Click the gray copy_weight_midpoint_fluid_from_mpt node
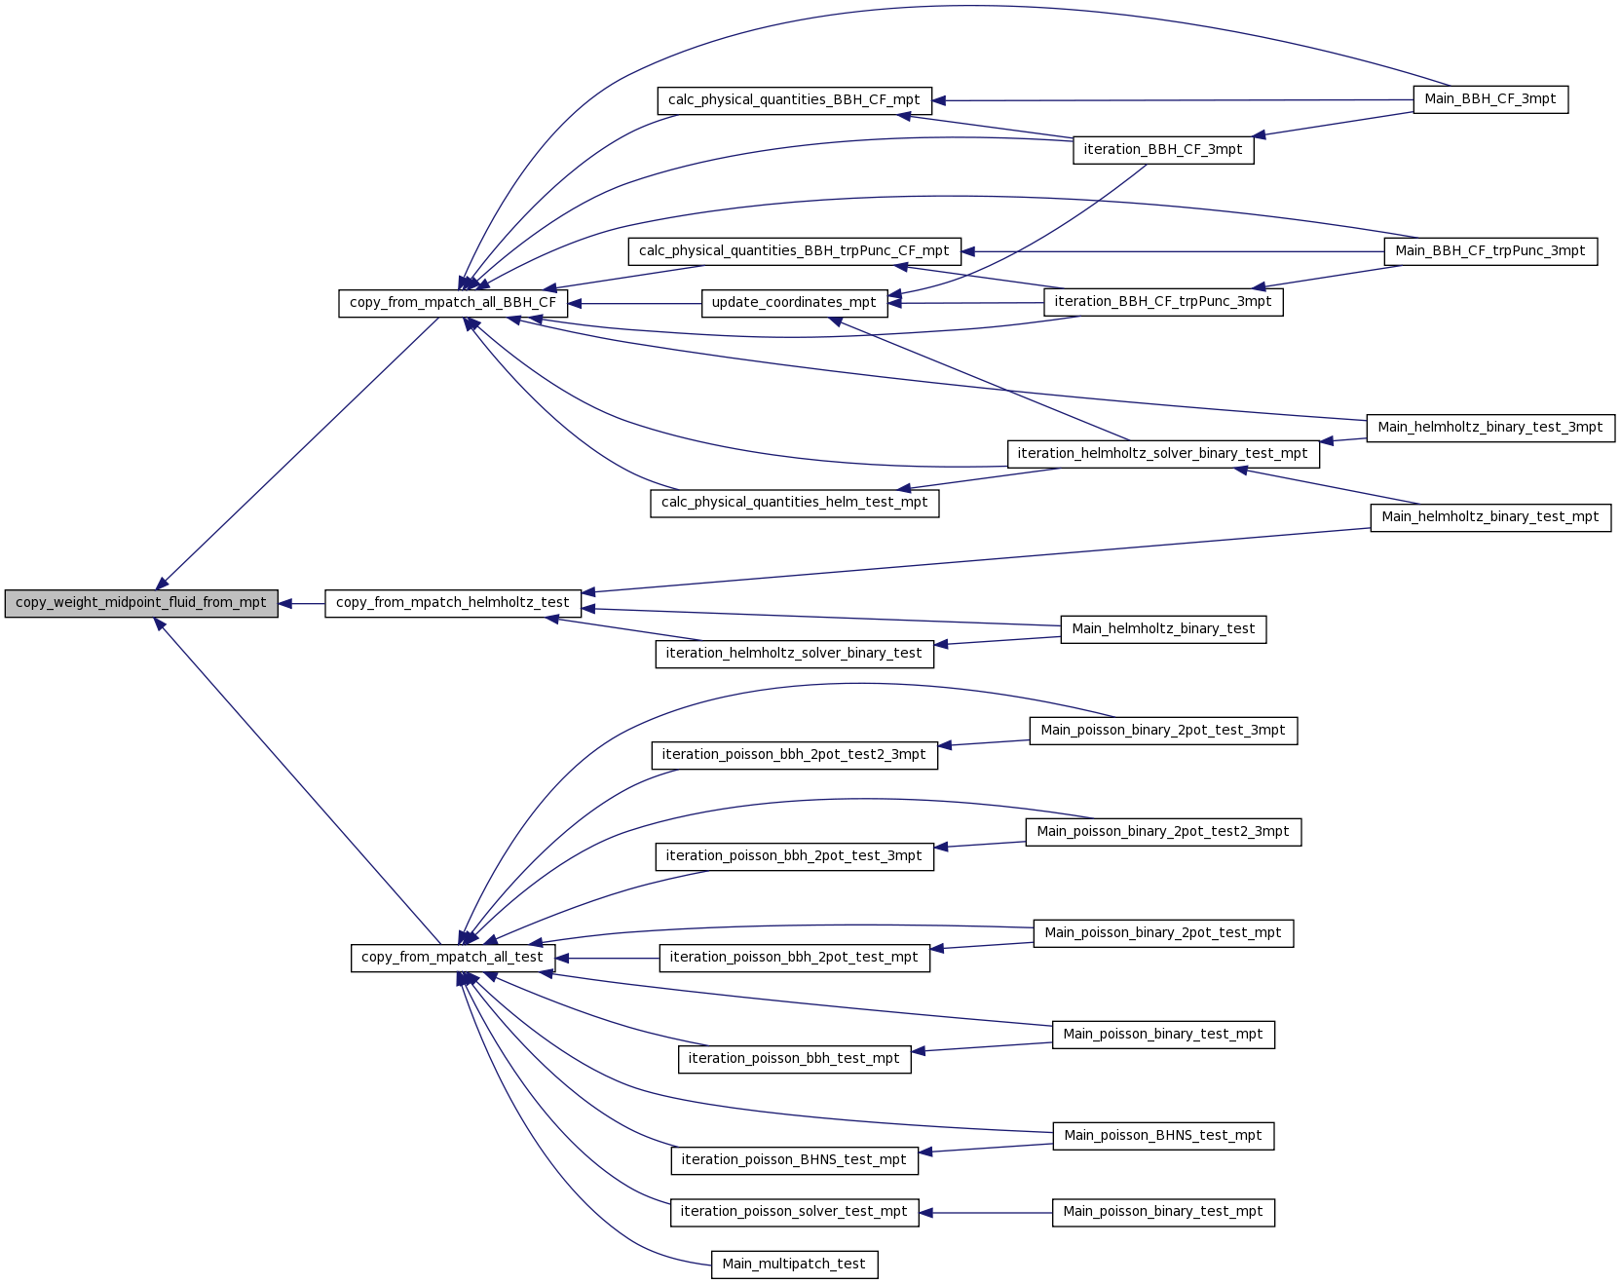pyautogui.click(x=141, y=603)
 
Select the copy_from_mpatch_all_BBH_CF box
pyautogui.click(x=453, y=303)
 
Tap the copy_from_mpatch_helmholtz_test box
pyautogui.click(x=453, y=603)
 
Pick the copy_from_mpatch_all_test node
pyautogui.click(x=453, y=958)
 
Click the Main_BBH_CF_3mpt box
pyautogui.click(x=1490, y=99)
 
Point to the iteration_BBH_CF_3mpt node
pyautogui.click(x=1163, y=150)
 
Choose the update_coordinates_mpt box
pyautogui.click(x=794, y=303)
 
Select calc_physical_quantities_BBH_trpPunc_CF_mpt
pyautogui.click(x=794, y=251)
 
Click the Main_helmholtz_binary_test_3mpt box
pyautogui.click(x=1490, y=428)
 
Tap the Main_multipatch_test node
pyautogui.click(x=794, y=1265)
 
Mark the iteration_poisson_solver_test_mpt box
pyautogui.click(x=794, y=1212)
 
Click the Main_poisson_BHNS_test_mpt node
pyautogui.click(x=1163, y=1136)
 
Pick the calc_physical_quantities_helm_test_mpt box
pyautogui.click(x=794, y=503)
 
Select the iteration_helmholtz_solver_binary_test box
pyautogui.click(x=794, y=654)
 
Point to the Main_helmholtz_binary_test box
pyautogui.click(x=1163, y=629)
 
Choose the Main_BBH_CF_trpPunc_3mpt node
pyautogui.click(x=1490, y=251)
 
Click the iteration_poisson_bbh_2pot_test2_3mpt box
pyautogui.click(x=794, y=755)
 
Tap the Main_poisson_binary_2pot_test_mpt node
pyautogui.click(x=1163, y=933)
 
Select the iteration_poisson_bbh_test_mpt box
pyautogui.click(x=794, y=1059)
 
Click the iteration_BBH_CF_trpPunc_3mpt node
pyautogui.click(x=1163, y=302)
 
